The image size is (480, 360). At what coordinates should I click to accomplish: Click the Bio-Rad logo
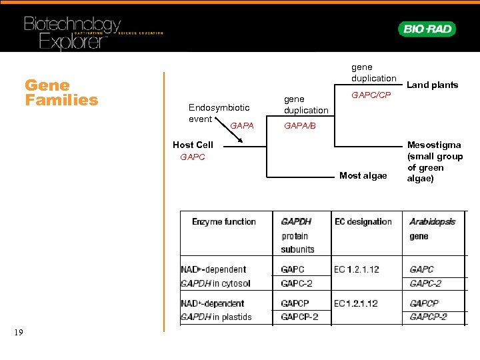(x=427, y=29)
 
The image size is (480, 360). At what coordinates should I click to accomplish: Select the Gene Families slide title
(x=61, y=93)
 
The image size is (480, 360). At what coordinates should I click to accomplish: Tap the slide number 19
(x=18, y=332)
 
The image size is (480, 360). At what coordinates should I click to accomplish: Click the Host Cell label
(x=193, y=145)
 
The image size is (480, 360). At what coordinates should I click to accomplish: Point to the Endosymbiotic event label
(x=219, y=113)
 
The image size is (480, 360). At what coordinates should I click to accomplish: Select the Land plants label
(x=432, y=85)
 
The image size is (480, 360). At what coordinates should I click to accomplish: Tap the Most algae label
(x=363, y=175)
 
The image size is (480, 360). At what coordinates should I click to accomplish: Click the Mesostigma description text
(x=435, y=162)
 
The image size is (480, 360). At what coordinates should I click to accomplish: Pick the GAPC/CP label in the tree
(x=371, y=95)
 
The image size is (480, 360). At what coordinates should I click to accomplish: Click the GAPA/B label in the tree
(x=300, y=125)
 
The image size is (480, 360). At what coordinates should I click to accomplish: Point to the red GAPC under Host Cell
(x=193, y=157)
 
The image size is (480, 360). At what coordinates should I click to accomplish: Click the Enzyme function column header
(x=223, y=221)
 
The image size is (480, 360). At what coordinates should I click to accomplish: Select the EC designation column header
(x=363, y=221)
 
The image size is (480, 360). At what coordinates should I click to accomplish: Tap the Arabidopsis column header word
(x=432, y=221)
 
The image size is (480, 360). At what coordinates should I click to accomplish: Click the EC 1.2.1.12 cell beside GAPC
(x=357, y=269)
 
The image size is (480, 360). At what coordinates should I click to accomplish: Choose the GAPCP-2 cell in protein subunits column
(x=299, y=317)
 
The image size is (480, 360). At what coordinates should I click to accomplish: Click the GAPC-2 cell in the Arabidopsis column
(x=425, y=283)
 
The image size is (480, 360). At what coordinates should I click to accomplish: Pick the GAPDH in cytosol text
(x=215, y=283)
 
